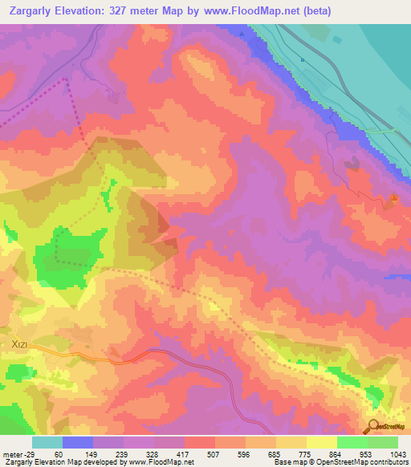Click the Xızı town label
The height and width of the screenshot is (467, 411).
[20, 344]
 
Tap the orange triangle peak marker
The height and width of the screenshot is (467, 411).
[393, 199]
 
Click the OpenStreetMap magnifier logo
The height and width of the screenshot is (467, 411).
[373, 426]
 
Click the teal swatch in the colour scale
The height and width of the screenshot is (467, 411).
[47, 442]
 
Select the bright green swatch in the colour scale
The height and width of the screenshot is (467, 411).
[352, 442]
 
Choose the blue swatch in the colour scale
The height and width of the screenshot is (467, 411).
[78, 442]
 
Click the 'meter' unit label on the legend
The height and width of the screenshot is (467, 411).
[11, 453]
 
